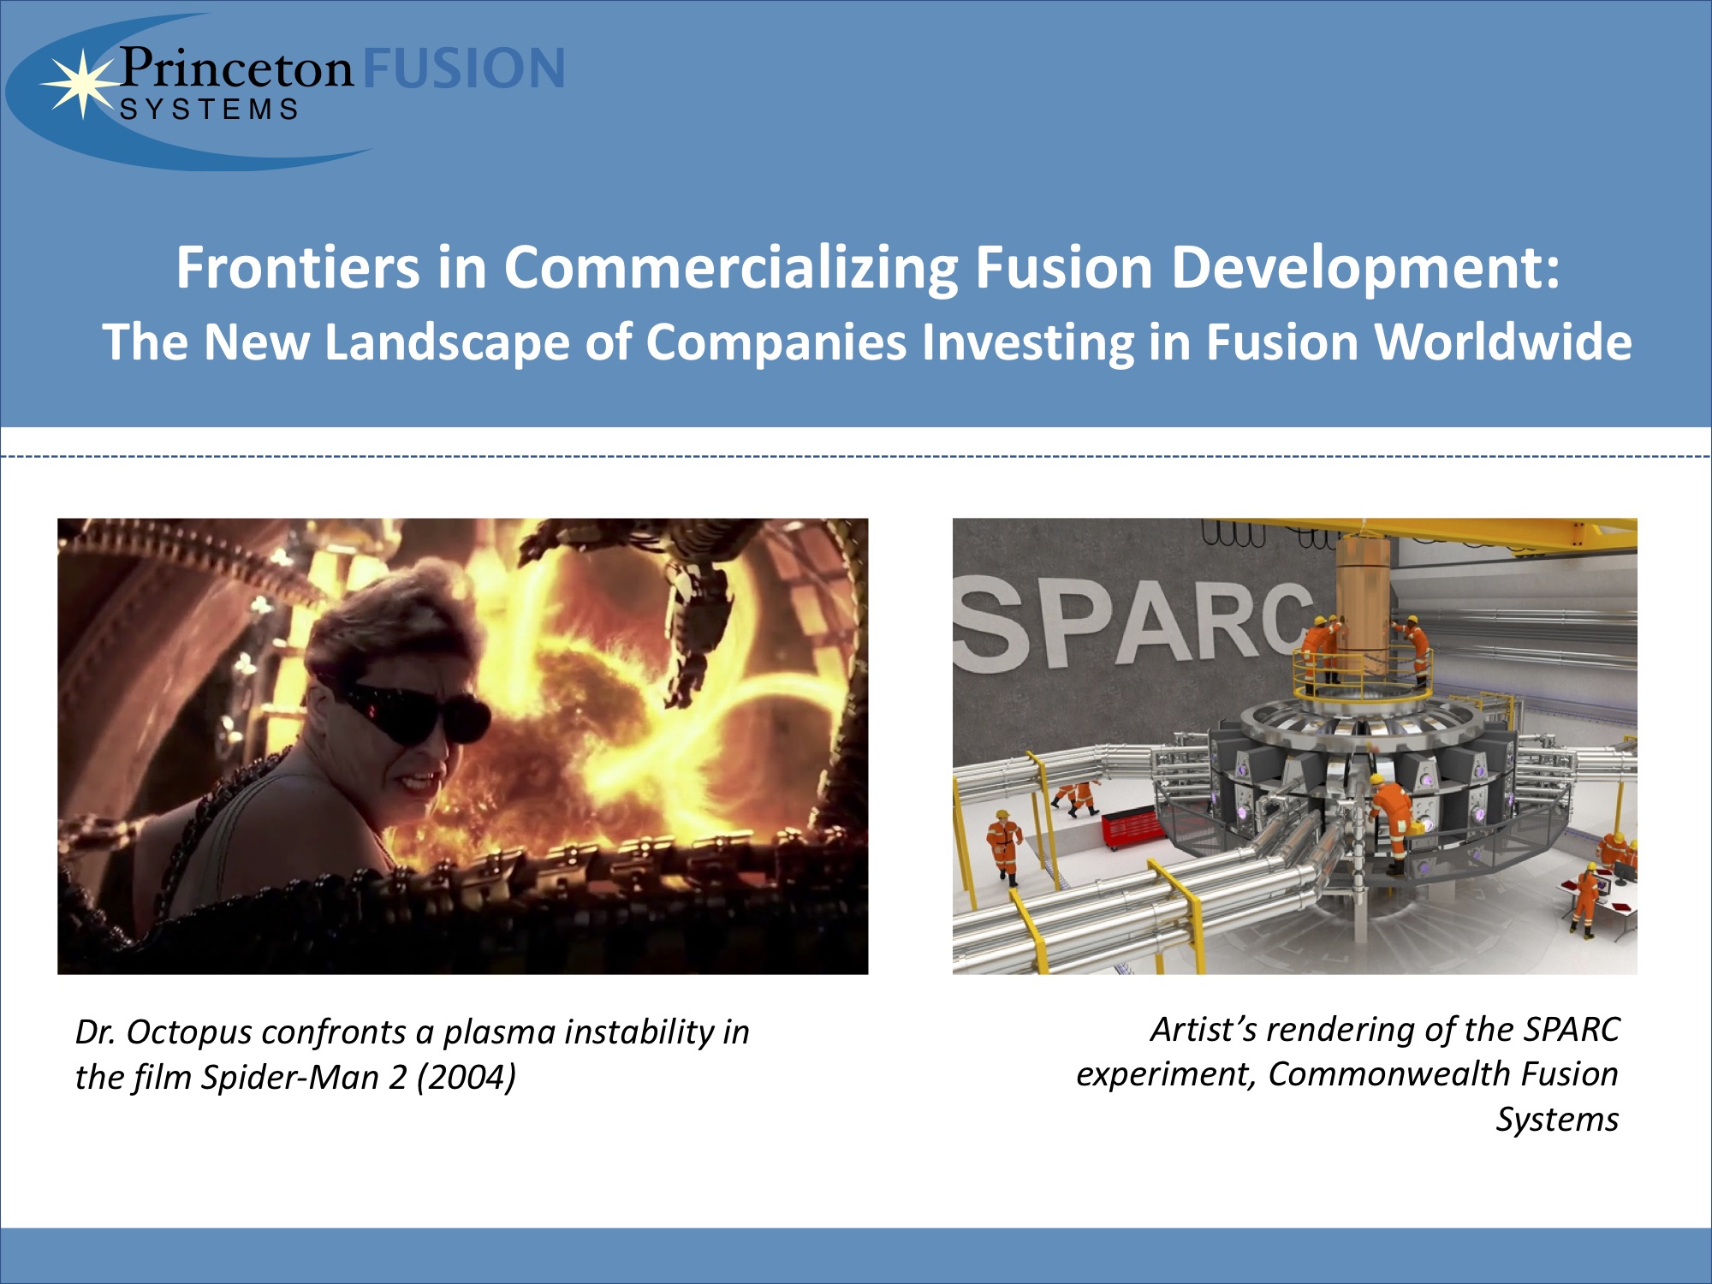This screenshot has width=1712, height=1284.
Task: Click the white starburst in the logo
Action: coord(82,83)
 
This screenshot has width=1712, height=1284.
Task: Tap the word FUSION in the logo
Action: coord(464,68)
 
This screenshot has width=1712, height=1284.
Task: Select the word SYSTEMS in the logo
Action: coord(210,110)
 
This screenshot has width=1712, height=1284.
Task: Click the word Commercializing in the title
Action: coord(730,270)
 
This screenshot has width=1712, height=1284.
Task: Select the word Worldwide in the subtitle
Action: coord(1503,342)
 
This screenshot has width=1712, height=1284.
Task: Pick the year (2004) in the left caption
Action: coord(467,1078)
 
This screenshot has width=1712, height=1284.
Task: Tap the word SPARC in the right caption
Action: coord(1572,1030)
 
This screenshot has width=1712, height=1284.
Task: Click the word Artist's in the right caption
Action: coord(1204,1030)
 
